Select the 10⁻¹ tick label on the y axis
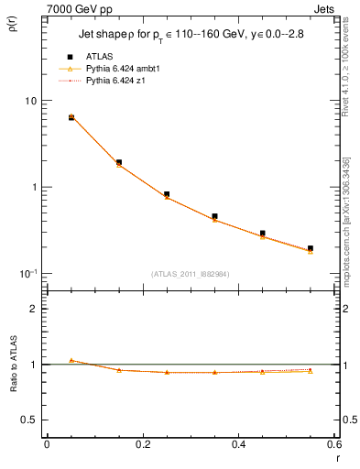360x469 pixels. tap(27, 273)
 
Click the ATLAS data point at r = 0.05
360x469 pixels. tap(71, 117)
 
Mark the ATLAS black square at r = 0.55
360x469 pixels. tap(311, 248)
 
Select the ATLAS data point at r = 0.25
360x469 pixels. tap(167, 194)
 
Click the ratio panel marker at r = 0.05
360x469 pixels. tap(71, 360)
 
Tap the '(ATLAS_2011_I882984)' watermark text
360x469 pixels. tap(191, 274)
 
